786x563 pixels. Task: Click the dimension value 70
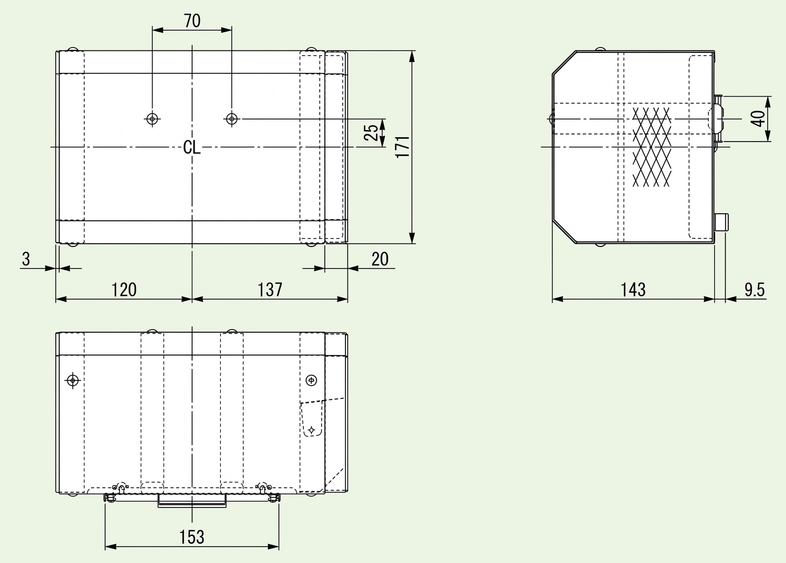tap(192, 21)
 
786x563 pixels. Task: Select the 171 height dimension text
tap(403, 147)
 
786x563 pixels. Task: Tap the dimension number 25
tap(371, 132)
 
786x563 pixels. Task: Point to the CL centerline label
tap(192, 148)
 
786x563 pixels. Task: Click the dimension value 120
tap(124, 289)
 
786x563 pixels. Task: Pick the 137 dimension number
tap(270, 289)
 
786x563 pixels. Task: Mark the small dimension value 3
tap(26, 259)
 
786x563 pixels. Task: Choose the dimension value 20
tap(380, 259)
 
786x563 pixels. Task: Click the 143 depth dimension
tap(633, 289)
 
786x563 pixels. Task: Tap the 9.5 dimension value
tap(755, 289)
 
